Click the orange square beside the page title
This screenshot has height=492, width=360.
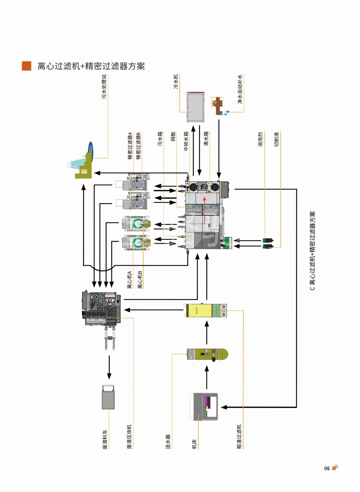tap(27, 66)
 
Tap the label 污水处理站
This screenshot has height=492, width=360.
tap(104, 87)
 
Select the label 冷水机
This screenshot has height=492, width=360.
tap(176, 82)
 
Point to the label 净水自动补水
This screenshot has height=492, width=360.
tap(240, 89)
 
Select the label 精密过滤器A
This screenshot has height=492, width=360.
tap(130, 146)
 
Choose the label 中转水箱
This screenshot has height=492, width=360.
tap(186, 141)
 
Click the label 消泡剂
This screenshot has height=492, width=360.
tap(260, 139)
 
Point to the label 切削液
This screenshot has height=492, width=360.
tap(276, 139)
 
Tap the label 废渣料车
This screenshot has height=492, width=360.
tap(105, 439)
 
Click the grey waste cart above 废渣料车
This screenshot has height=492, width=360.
tap(108, 397)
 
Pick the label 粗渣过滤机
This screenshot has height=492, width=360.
tap(239, 437)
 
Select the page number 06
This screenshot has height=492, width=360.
tap(327, 468)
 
